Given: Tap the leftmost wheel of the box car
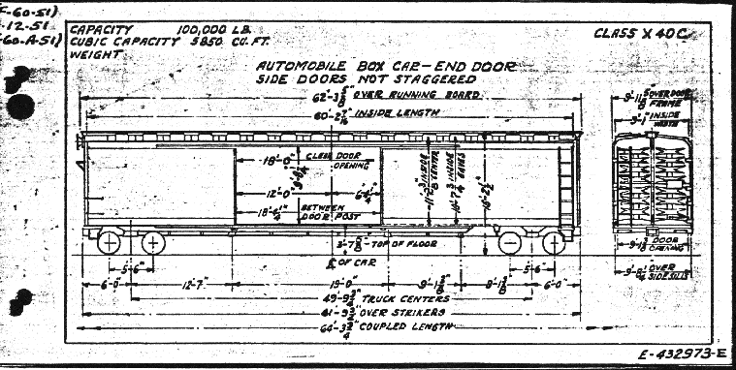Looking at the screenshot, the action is (x=110, y=240).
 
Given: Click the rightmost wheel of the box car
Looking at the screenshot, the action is (x=553, y=242).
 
